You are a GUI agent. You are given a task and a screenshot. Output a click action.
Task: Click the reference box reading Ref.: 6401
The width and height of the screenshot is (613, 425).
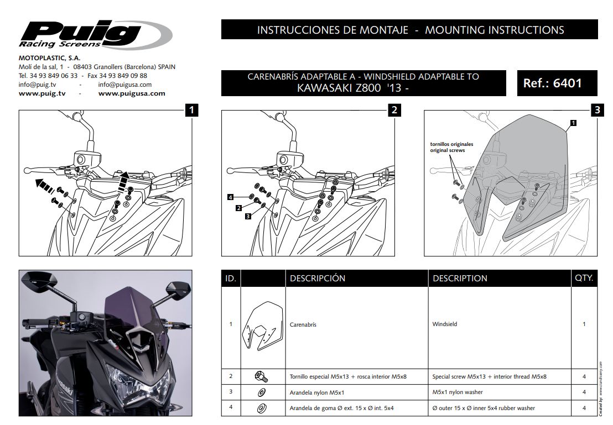pyautogui.click(x=552, y=83)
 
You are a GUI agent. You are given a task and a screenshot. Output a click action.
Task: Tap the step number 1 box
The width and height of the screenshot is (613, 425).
pyautogui.click(x=191, y=110)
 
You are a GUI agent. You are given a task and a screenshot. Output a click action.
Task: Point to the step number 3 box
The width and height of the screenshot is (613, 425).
pyautogui.click(x=596, y=110)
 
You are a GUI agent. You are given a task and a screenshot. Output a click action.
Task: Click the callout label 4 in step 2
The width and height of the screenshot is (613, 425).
pyautogui.click(x=230, y=197)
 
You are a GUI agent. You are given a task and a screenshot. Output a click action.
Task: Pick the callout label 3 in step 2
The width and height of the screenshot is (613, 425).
pyautogui.click(x=248, y=216)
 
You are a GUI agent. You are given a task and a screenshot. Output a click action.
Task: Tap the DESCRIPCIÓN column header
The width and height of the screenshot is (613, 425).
pyautogui.click(x=317, y=279)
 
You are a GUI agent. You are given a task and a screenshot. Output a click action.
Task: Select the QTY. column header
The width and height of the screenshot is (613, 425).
pyautogui.click(x=584, y=278)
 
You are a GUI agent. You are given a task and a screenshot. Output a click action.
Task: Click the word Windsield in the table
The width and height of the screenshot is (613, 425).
pyautogui.click(x=444, y=324)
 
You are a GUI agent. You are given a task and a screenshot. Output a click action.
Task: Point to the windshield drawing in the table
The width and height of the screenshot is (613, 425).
pyautogui.click(x=262, y=327)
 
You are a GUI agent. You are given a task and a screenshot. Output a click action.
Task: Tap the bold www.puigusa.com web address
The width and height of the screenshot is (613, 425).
pyautogui.click(x=132, y=93)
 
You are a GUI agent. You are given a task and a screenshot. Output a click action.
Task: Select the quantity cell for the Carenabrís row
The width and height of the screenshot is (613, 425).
pyautogui.click(x=584, y=324)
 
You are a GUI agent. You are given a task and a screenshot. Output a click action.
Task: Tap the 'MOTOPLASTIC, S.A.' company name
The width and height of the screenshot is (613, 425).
pyautogui.click(x=49, y=57)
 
